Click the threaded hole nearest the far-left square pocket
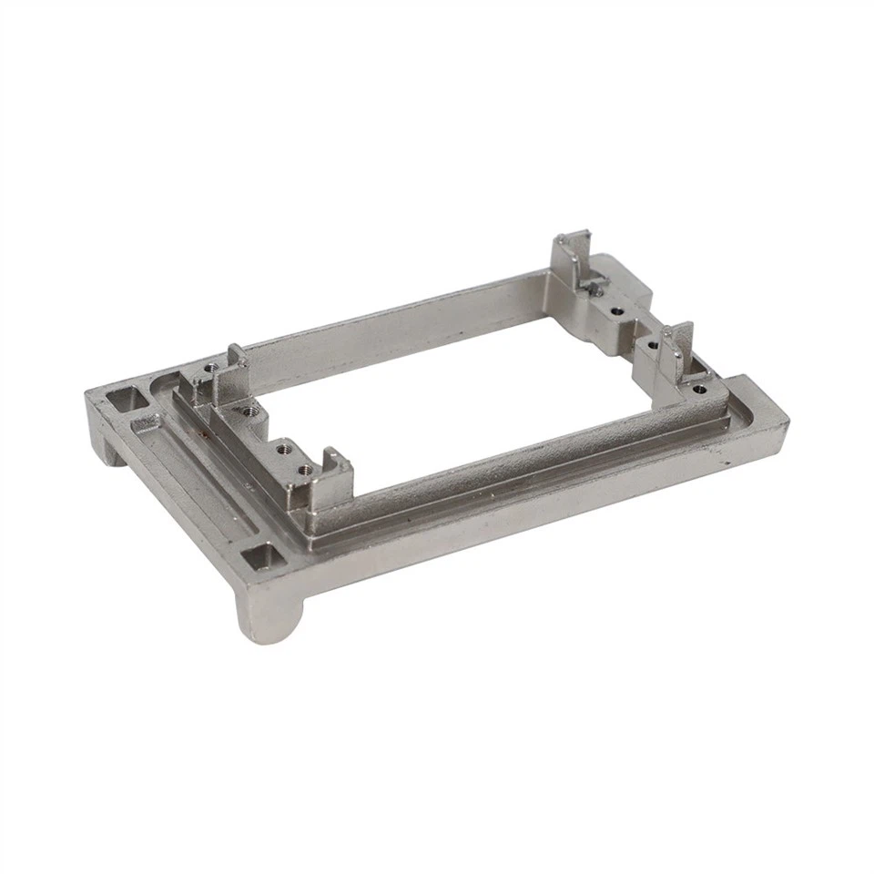coord(211,368)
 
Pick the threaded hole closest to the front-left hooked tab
coord(305,469)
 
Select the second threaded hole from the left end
coord(283,445)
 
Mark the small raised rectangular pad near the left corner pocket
coord(146,423)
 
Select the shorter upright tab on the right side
coord(678,350)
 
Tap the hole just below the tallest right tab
coord(617,310)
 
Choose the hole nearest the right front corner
coord(697,389)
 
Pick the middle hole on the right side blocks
coord(652,343)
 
